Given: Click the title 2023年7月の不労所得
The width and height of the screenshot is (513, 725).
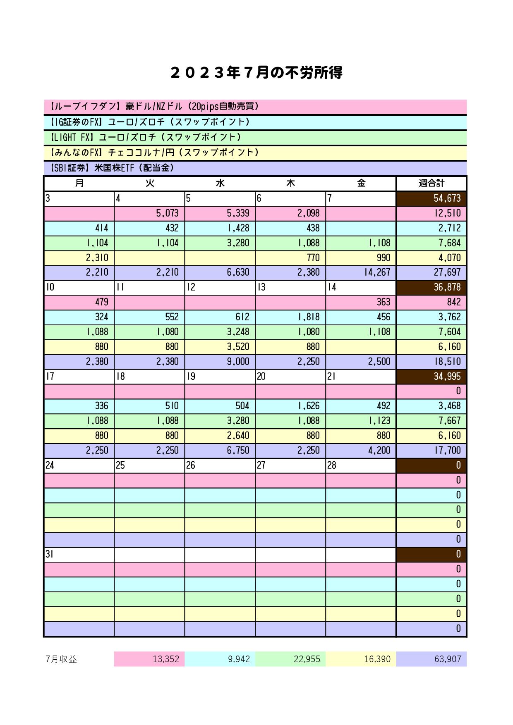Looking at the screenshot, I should click(256, 73).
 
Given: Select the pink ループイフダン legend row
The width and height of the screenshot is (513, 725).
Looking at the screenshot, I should click(255, 107).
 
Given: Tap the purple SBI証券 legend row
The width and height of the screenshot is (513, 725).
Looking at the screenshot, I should click(255, 168).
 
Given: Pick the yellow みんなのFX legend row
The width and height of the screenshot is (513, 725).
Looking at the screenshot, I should click(255, 153).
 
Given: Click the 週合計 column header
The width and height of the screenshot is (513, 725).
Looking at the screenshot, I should click(431, 183).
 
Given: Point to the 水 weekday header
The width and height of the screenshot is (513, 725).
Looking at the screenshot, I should click(220, 183).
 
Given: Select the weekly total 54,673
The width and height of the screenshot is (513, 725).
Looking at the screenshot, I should click(431, 198).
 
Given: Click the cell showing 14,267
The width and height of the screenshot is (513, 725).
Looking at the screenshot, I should click(361, 272).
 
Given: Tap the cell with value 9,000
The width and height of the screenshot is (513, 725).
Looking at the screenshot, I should click(220, 362).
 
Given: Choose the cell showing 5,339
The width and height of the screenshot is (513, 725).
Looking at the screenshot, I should click(220, 213).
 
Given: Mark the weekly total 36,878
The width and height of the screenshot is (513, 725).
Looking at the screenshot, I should click(431, 287).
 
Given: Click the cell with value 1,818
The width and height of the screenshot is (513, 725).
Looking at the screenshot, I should click(290, 317).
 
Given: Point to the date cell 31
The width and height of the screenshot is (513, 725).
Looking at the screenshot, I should click(79, 554).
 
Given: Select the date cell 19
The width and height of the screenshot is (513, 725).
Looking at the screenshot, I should click(220, 377).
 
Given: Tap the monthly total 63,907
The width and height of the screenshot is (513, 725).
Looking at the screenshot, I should click(431, 659).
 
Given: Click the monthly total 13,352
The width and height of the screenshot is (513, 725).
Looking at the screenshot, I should click(149, 659).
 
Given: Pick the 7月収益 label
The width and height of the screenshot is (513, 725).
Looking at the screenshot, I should click(62, 659).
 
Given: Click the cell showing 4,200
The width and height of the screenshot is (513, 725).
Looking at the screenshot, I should click(361, 451).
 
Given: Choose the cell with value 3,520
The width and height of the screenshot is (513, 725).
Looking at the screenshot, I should click(220, 347).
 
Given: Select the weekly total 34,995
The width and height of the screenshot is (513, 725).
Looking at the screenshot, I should click(431, 377).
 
